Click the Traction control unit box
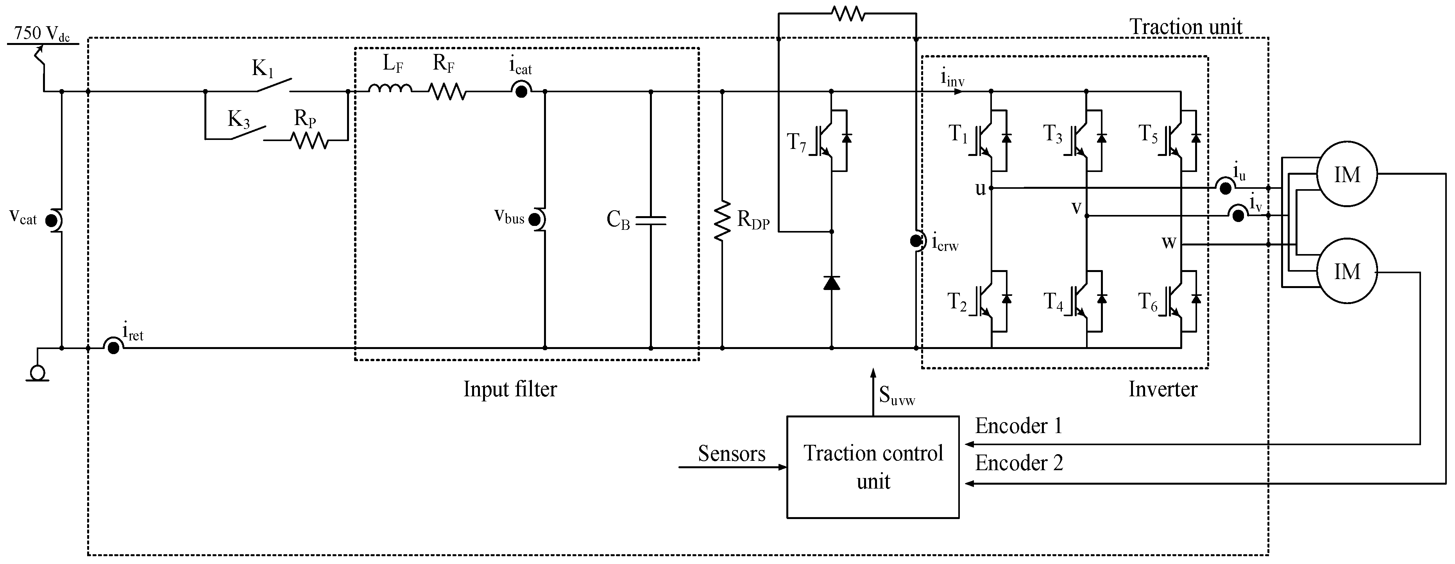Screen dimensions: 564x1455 [873, 467]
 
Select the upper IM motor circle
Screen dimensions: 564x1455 [1347, 175]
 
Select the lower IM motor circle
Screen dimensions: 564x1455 [1347, 272]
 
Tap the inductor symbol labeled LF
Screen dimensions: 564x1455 [390, 89]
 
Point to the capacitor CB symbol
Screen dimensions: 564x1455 [651, 220]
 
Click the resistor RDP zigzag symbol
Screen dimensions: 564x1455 [722, 220]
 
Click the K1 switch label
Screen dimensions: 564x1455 [263, 69]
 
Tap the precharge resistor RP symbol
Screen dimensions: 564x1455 [310, 140]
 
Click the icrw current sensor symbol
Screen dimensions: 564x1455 [916, 241]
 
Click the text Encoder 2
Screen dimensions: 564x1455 [1019, 463]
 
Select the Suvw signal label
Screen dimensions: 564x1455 [897, 395]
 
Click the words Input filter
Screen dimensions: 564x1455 [510, 389]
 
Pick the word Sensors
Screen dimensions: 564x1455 [732, 453]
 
